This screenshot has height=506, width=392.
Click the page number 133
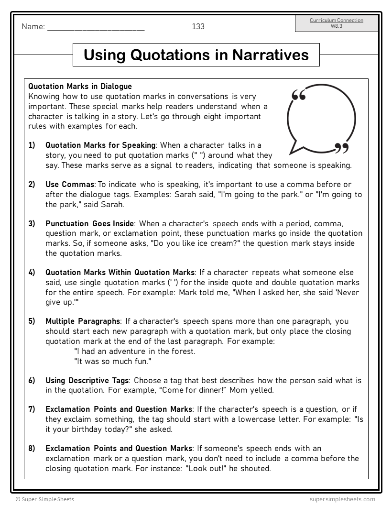click(x=198, y=27)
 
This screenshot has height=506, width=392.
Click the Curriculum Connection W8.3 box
click(x=336, y=23)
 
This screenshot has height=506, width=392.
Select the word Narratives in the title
click(x=271, y=55)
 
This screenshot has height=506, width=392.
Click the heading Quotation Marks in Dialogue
click(x=80, y=87)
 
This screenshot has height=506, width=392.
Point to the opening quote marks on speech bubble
click(x=298, y=95)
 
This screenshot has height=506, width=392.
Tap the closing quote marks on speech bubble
click(x=341, y=148)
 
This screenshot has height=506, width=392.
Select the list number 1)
click(x=32, y=145)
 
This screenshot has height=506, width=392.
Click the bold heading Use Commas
click(x=70, y=184)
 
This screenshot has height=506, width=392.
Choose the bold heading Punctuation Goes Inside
click(x=90, y=223)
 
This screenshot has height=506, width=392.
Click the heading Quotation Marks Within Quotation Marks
click(x=120, y=272)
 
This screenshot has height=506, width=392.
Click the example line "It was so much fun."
click(x=113, y=361)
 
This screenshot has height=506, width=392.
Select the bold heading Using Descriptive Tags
click(x=87, y=380)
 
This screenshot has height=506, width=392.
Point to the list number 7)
click(x=32, y=409)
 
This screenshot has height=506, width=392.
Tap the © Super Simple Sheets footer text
click(x=44, y=499)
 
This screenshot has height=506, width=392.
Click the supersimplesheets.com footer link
click(x=342, y=499)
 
